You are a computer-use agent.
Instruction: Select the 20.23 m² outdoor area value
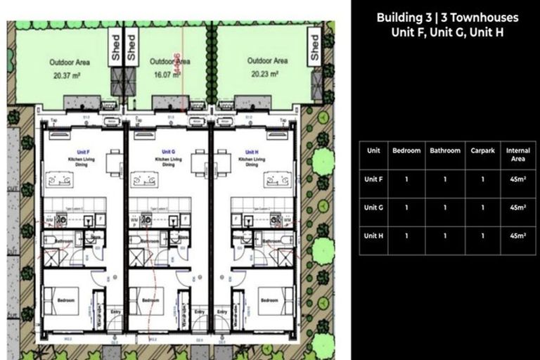[x=266, y=73]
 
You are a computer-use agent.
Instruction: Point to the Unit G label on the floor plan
[x=167, y=152]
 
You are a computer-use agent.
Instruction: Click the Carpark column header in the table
[x=482, y=150]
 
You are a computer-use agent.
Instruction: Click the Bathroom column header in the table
[x=445, y=150]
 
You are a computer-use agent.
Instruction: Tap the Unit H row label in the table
[x=373, y=235]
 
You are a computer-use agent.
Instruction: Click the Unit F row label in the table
[x=373, y=179]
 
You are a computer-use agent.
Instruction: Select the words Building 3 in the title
[x=404, y=18]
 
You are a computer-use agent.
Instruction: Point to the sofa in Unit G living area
[x=146, y=181]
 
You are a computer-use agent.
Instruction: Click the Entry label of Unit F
[x=116, y=311]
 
